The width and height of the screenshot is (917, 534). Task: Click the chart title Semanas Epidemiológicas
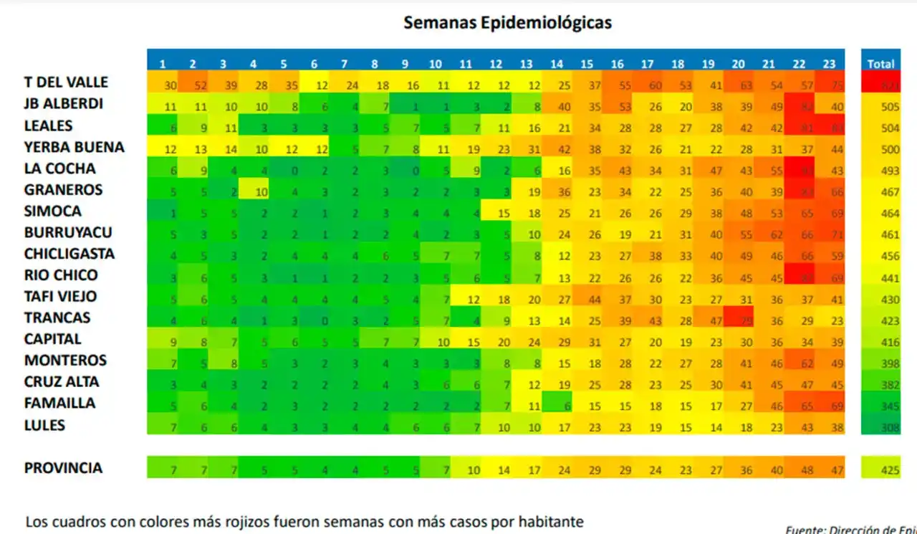[507, 23]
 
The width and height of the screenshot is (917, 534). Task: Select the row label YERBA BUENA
[74, 147]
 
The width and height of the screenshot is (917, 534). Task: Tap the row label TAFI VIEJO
[60, 296]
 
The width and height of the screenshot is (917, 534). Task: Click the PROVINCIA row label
[63, 468]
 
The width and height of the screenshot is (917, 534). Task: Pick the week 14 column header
[557, 64]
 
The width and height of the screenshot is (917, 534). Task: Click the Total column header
[880, 64]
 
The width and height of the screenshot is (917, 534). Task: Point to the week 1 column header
[163, 64]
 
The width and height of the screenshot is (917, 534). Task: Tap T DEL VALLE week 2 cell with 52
[193, 86]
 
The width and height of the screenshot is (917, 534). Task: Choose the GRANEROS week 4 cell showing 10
[253, 192]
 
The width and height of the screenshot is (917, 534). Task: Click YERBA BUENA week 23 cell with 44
[830, 149]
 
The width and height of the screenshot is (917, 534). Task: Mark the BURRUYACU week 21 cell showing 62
[769, 234]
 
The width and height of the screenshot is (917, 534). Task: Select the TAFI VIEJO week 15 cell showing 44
[587, 299]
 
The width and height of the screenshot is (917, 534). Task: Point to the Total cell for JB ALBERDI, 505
[880, 108]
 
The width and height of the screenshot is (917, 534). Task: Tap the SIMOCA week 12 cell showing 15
[496, 214]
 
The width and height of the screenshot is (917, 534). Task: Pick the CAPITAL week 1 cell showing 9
[163, 342]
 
